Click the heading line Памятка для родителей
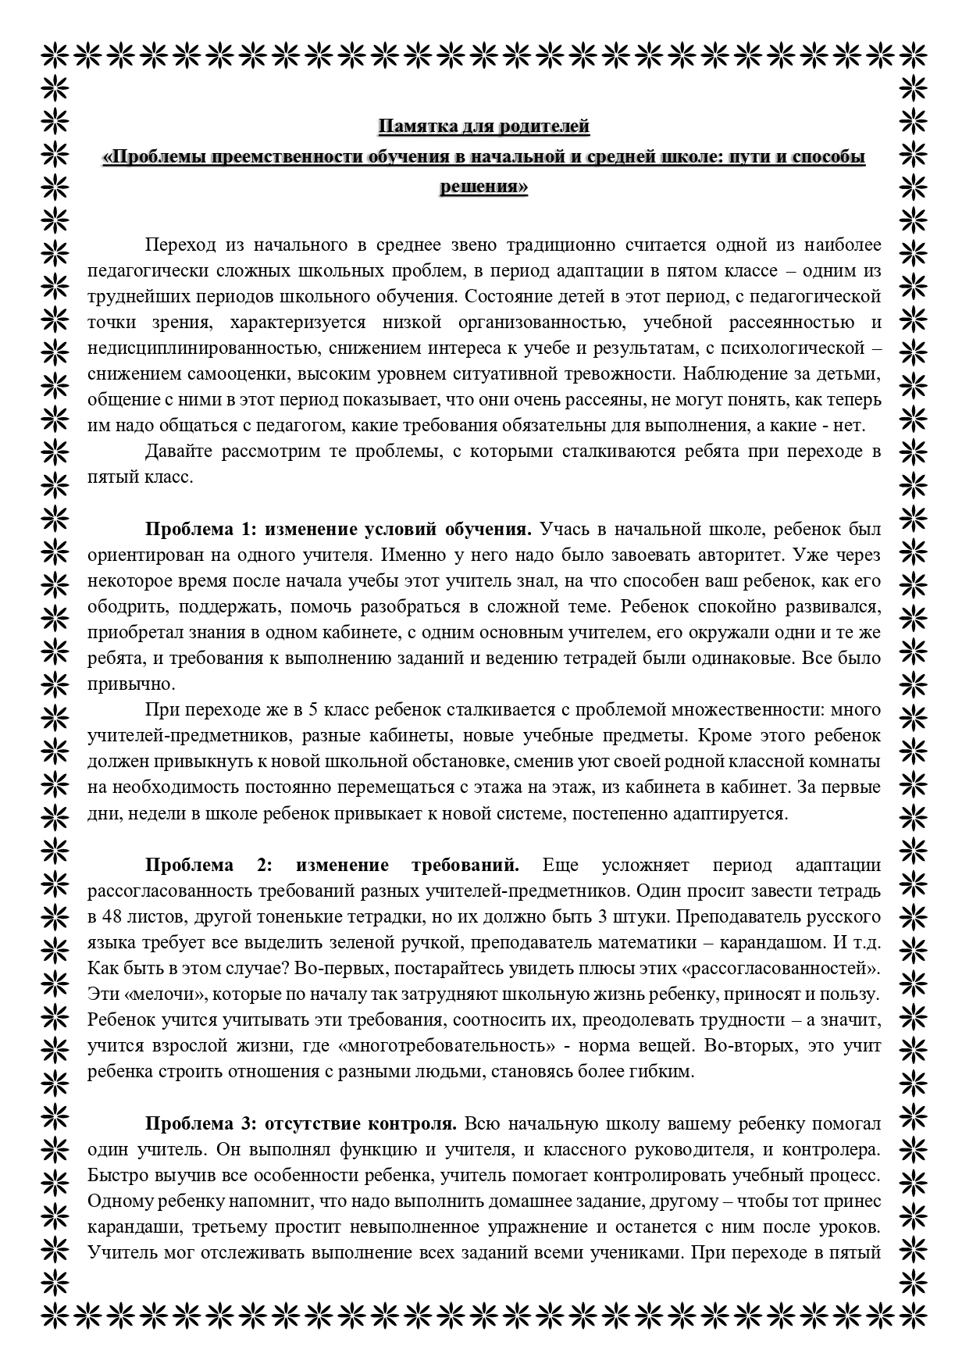[x=484, y=126]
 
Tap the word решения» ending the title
[x=484, y=187]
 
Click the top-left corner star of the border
[x=55, y=53]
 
